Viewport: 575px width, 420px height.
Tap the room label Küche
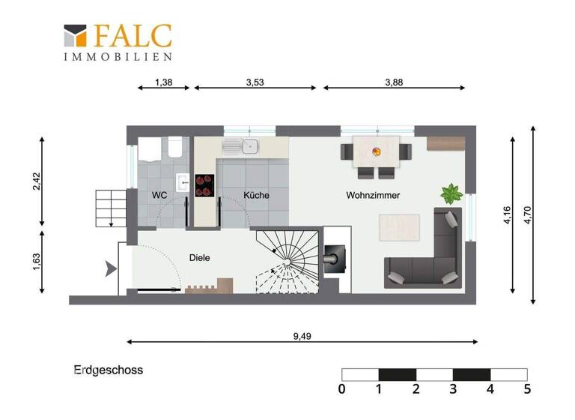pyautogui.click(x=256, y=195)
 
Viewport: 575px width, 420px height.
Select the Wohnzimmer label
pyautogui.click(x=373, y=195)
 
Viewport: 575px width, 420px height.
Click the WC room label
pyautogui.click(x=159, y=195)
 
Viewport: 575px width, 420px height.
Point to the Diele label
pyautogui.click(x=199, y=257)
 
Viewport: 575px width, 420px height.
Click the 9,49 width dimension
pyautogui.click(x=302, y=336)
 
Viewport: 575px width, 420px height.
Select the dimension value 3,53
pyautogui.click(x=255, y=82)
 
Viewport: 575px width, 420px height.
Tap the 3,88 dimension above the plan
pyautogui.click(x=394, y=82)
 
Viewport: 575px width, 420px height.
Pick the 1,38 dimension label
pyautogui.click(x=163, y=82)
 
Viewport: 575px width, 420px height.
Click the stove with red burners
pyautogui.click(x=204, y=185)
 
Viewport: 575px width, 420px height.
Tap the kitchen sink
pyautogui.click(x=244, y=146)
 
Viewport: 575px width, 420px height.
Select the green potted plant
pyautogui.click(x=451, y=194)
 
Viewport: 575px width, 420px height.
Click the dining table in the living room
pyautogui.click(x=376, y=152)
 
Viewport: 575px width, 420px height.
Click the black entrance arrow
pyautogui.click(x=111, y=267)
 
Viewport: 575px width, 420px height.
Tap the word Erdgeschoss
pyautogui.click(x=108, y=370)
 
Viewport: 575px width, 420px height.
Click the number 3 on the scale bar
pyautogui.click(x=453, y=388)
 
